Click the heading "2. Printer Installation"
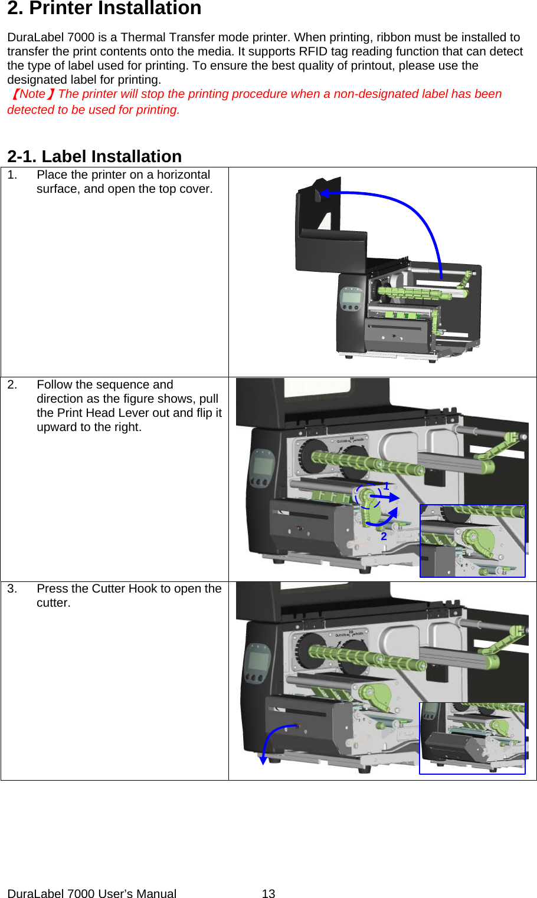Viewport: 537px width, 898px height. point(104,9)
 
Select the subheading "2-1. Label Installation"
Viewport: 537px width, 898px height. point(94,156)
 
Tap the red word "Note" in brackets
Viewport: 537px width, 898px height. point(32,94)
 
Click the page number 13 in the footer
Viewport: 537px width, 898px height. point(268,893)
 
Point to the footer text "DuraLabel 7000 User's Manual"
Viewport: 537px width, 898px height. point(91,893)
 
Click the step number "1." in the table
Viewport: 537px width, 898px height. point(12,175)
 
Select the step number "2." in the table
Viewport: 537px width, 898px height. point(12,385)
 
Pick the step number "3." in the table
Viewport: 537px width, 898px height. point(12,589)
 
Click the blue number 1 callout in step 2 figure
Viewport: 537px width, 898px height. point(387,486)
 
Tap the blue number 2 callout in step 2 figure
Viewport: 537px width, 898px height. point(384,536)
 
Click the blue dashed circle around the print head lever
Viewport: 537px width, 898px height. point(368,495)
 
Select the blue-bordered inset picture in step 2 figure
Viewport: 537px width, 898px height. point(472,541)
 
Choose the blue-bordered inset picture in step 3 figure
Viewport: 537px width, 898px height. point(472,738)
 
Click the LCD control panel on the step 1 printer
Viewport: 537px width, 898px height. point(351,298)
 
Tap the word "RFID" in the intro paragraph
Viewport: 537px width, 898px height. point(313,52)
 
